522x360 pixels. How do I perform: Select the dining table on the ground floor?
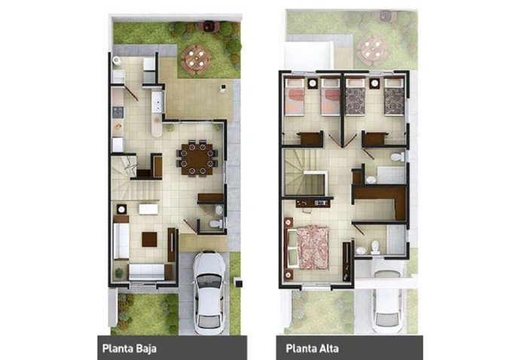(x=197, y=159)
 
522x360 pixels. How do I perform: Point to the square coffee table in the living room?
(x=150, y=239)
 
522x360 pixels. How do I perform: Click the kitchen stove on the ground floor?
(x=118, y=112)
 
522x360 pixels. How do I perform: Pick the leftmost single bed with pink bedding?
(x=295, y=99)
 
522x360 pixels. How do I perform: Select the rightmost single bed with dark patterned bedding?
(x=393, y=99)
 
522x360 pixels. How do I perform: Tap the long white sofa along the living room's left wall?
(x=121, y=239)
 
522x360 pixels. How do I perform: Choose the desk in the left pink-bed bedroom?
(x=309, y=138)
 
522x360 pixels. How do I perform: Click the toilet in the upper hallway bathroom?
(x=397, y=157)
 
